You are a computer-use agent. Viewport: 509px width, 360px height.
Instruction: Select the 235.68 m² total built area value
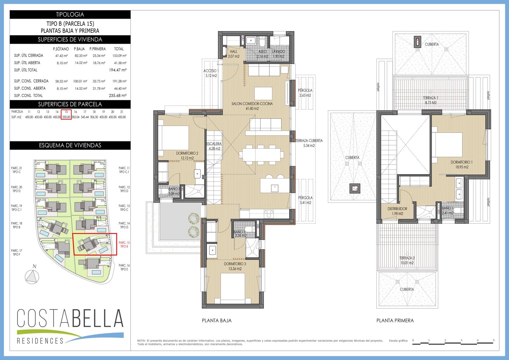[117, 95]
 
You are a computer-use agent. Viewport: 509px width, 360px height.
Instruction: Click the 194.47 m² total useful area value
[117, 70]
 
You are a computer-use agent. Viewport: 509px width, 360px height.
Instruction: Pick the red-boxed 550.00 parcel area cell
[66, 117]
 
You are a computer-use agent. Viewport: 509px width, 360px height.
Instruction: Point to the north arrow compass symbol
[32, 276]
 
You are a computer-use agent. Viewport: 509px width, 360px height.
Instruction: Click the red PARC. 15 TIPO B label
[124, 244]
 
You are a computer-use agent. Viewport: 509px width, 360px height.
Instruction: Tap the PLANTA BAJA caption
[217, 321]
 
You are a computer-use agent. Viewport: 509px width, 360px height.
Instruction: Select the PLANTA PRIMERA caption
[395, 321]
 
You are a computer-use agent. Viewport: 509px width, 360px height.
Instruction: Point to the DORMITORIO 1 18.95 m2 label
[461, 164]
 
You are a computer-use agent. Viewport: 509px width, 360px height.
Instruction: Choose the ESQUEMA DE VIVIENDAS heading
[70, 145]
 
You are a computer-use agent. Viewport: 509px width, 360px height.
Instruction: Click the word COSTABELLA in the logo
[70, 318]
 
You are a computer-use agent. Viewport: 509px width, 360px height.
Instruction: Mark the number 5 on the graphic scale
[494, 340]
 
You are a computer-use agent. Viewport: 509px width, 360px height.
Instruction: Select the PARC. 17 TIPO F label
[17, 252]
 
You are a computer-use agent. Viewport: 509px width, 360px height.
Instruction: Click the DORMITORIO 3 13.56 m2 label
[235, 266]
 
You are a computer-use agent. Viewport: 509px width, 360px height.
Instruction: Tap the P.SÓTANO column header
[61, 49]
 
